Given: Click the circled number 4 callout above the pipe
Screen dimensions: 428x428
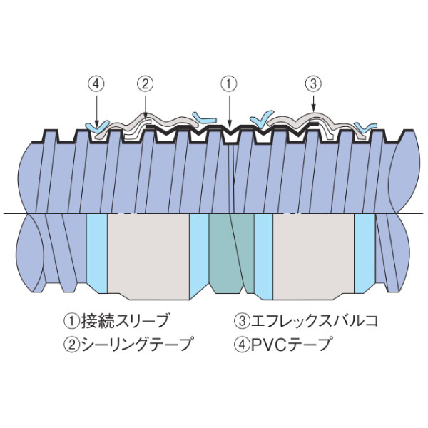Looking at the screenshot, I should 98,83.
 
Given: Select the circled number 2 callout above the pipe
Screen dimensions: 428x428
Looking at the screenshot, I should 145,83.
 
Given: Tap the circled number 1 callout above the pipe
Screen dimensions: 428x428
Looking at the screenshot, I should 228,83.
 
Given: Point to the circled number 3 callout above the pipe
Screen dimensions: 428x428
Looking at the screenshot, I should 312,83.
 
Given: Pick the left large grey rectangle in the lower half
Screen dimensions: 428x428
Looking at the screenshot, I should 148,253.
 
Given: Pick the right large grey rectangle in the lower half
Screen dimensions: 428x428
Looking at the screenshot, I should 314,253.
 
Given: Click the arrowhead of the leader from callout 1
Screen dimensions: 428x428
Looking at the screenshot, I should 228,126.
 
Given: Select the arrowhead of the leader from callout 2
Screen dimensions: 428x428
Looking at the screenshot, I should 145,117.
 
